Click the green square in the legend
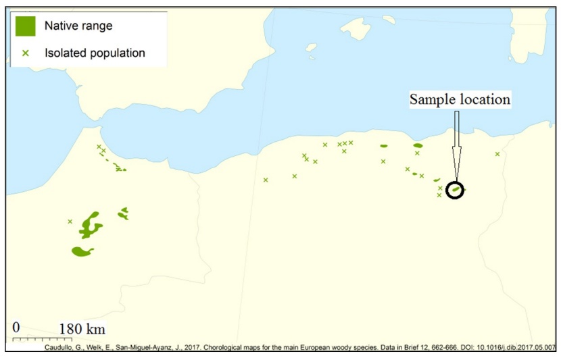click(26, 26)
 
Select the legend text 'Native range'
click(78, 26)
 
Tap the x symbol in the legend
click(26, 52)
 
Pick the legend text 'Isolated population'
click(95, 52)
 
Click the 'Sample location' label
click(460, 99)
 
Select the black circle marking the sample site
click(456, 190)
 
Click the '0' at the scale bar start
click(17, 328)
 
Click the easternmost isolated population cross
click(497, 154)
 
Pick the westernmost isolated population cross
click(70, 221)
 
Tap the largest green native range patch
click(89, 226)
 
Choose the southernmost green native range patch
click(82, 251)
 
